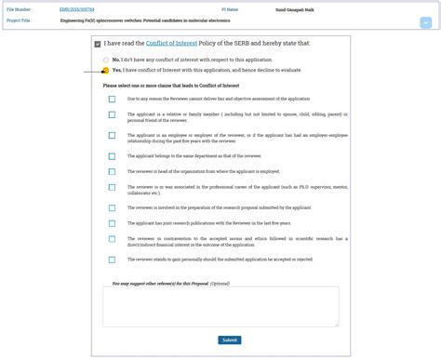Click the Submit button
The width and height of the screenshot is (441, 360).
(x=230, y=340)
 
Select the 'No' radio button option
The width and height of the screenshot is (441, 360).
(x=105, y=59)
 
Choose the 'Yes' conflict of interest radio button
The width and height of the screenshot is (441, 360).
(x=105, y=70)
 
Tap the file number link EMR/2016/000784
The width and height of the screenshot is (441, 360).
(x=77, y=9)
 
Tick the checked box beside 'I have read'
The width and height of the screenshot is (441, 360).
(x=99, y=45)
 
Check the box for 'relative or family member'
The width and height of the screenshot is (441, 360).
(x=112, y=115)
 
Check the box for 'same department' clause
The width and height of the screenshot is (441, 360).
(x=112, y=156)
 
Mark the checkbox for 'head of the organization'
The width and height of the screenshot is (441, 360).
(x=112, y=171)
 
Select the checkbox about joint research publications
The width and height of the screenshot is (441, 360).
(x=112, y=223)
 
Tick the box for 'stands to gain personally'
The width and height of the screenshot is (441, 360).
(x=112, y=260)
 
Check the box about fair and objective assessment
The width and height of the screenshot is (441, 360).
(x=112, y=99)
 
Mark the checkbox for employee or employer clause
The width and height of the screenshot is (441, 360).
(x=112, y=137)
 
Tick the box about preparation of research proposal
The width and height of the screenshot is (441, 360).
(x=112, y=207)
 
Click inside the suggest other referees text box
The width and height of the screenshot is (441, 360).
(x=220, y=306)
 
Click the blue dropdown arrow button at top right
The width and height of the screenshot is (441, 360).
(x=425, y=21)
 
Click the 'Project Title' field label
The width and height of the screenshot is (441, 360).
(x=19, y=19)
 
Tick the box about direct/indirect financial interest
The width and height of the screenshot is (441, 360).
(x=112, y=241)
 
